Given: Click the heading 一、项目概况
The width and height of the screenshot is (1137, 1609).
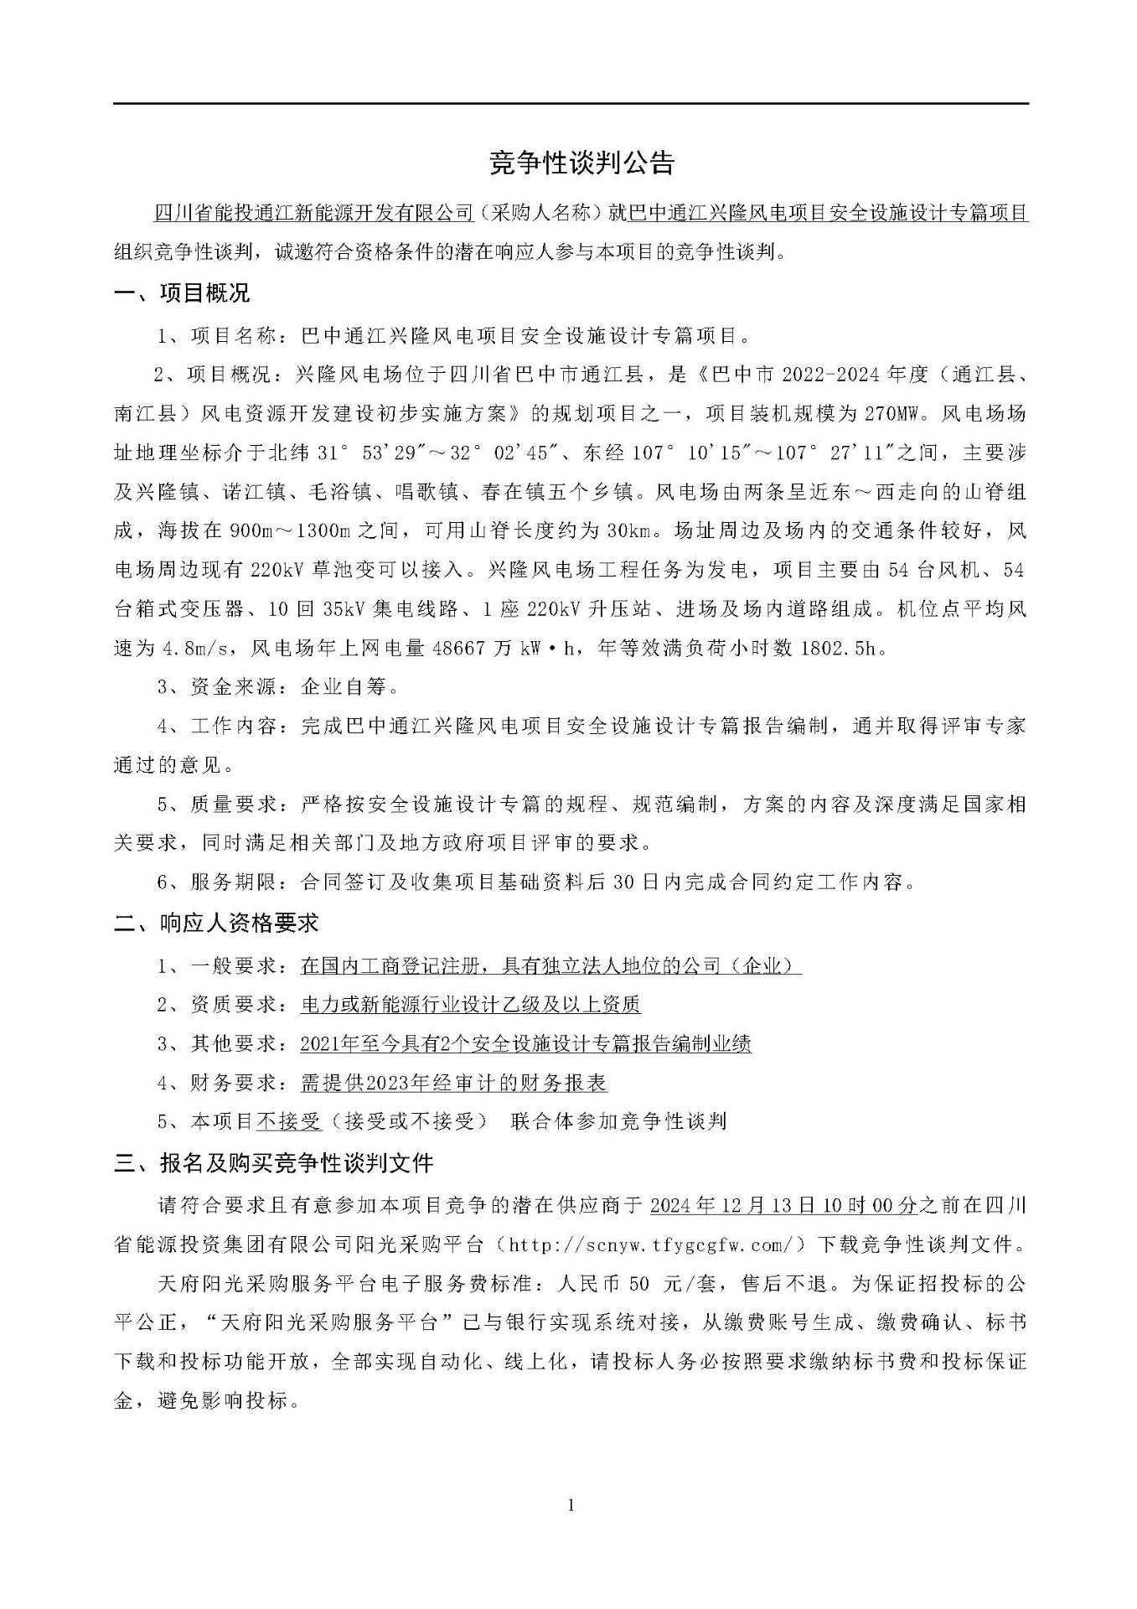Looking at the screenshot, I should coord(182,293).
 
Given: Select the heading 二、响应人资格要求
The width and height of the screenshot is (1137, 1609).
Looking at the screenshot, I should coord(217,923).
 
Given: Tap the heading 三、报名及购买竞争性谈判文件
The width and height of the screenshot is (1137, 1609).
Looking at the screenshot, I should coord(275,1163).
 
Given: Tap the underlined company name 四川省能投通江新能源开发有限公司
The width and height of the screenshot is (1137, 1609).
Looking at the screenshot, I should coord(315,214).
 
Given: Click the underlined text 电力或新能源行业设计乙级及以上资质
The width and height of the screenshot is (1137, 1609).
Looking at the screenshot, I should coord(470,1004).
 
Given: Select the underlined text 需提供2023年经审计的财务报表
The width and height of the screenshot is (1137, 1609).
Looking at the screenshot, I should coord(454,1083).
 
